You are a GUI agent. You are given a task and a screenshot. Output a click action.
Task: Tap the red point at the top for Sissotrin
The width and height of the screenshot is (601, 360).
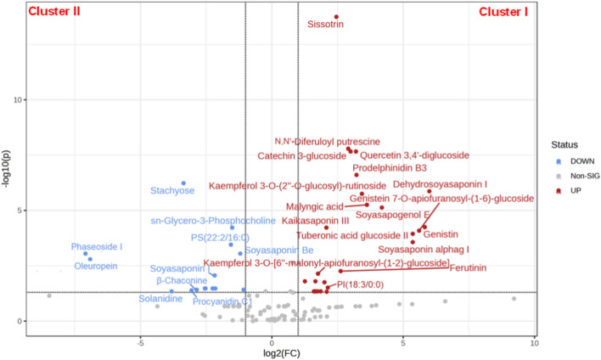336,17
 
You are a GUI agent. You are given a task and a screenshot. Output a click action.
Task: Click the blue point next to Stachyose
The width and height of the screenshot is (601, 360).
183,183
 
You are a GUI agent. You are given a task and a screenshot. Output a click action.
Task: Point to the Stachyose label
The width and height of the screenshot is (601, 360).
172,191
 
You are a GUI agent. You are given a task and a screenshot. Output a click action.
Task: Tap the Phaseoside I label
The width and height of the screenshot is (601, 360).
97,247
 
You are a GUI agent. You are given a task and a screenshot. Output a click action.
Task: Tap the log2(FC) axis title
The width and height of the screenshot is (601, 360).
272,353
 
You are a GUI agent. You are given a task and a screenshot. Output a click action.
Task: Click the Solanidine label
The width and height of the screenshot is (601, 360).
160,298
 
